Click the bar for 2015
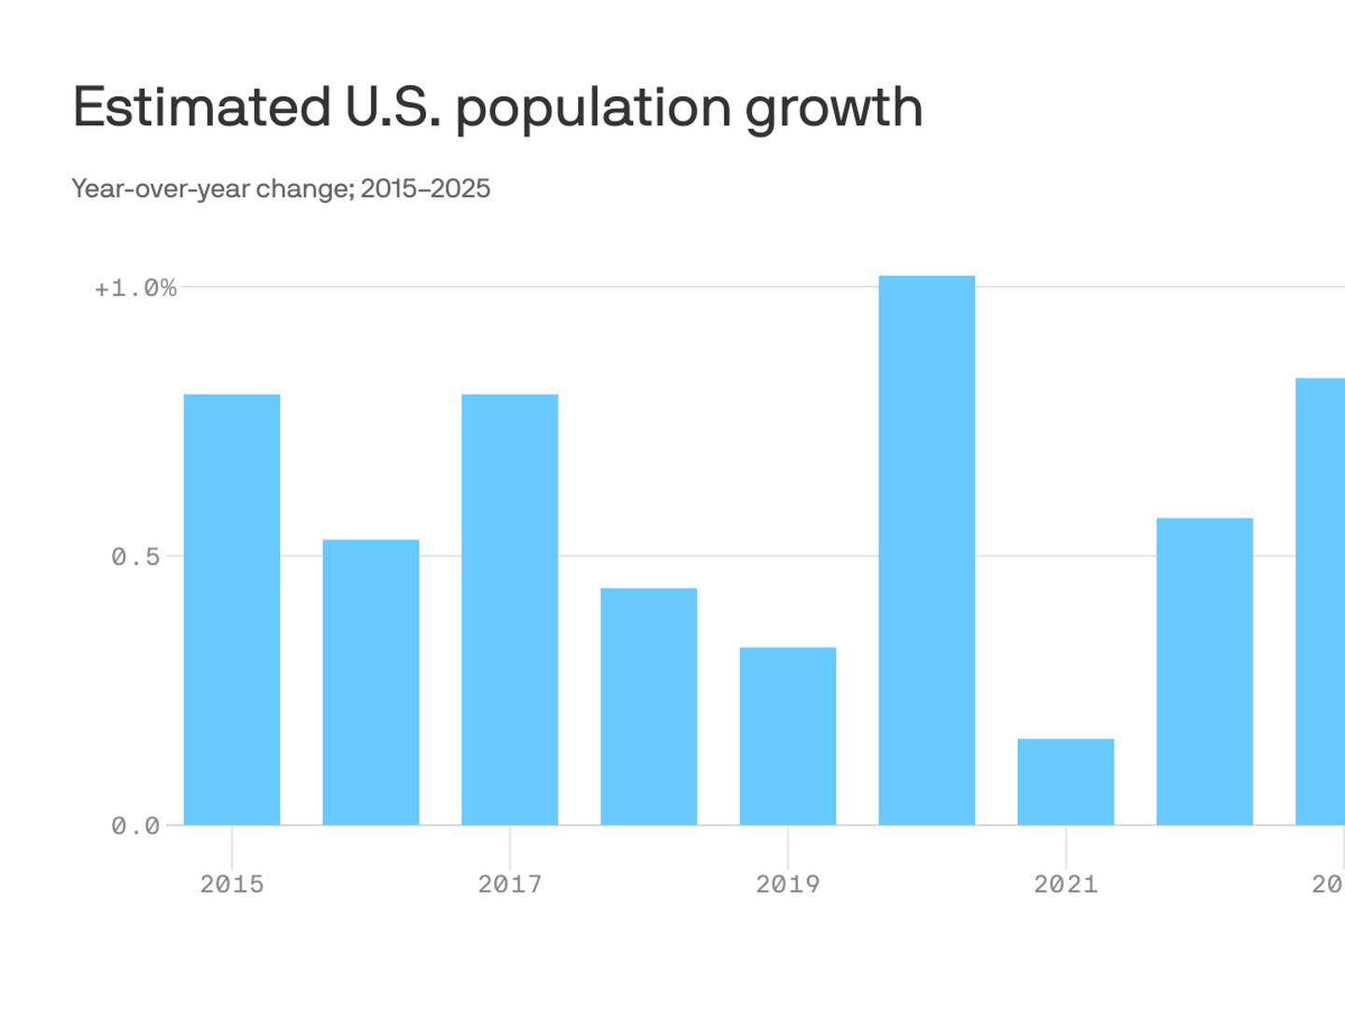point(232,609)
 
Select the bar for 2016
point(371,682)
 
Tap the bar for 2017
point(510,609)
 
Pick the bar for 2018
point(648,706)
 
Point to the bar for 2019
point(787,736)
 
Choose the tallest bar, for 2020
point(927,550)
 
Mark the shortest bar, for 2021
point(1066,782)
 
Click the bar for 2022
point(1205,671)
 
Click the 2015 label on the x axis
point(232,884)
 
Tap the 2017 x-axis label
point(510,884)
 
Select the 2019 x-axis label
point(787,884)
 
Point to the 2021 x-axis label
point(1066,884)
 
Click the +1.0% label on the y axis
point(135,288)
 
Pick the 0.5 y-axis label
point(135,557)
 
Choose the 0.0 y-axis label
point(135,826)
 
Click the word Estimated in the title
point(202,107)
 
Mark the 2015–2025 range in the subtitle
point(426,189)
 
